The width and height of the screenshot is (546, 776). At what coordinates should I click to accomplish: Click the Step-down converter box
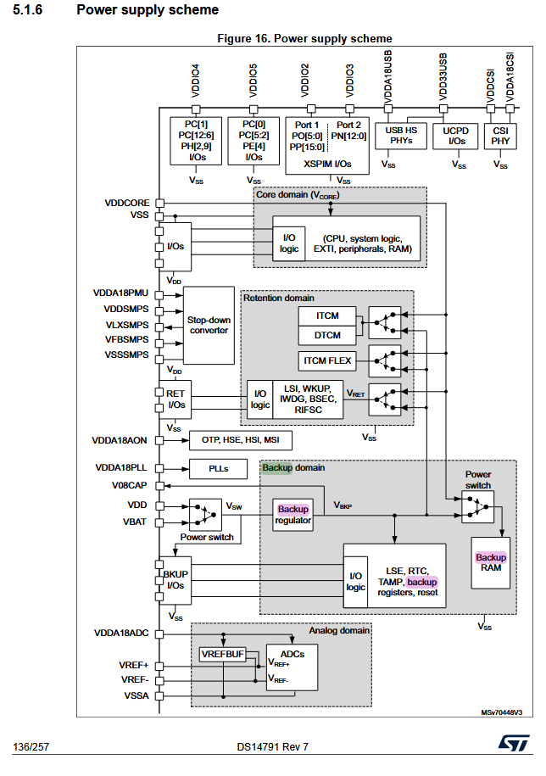(209, 325)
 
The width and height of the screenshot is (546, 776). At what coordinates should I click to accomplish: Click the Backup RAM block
(490, 562)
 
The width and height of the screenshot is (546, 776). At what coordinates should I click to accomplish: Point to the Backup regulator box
(293, 515)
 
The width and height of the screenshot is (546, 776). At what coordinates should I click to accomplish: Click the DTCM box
(327, 335)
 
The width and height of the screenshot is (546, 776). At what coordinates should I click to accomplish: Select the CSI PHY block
(500, 136)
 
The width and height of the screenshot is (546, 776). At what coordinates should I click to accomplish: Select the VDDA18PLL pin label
(121, 468)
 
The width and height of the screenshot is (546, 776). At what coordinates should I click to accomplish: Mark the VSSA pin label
(134, 695)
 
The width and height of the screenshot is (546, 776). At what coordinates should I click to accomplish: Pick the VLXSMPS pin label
(125, 324)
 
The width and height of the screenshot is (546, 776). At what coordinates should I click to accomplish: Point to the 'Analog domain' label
(340, 630)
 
